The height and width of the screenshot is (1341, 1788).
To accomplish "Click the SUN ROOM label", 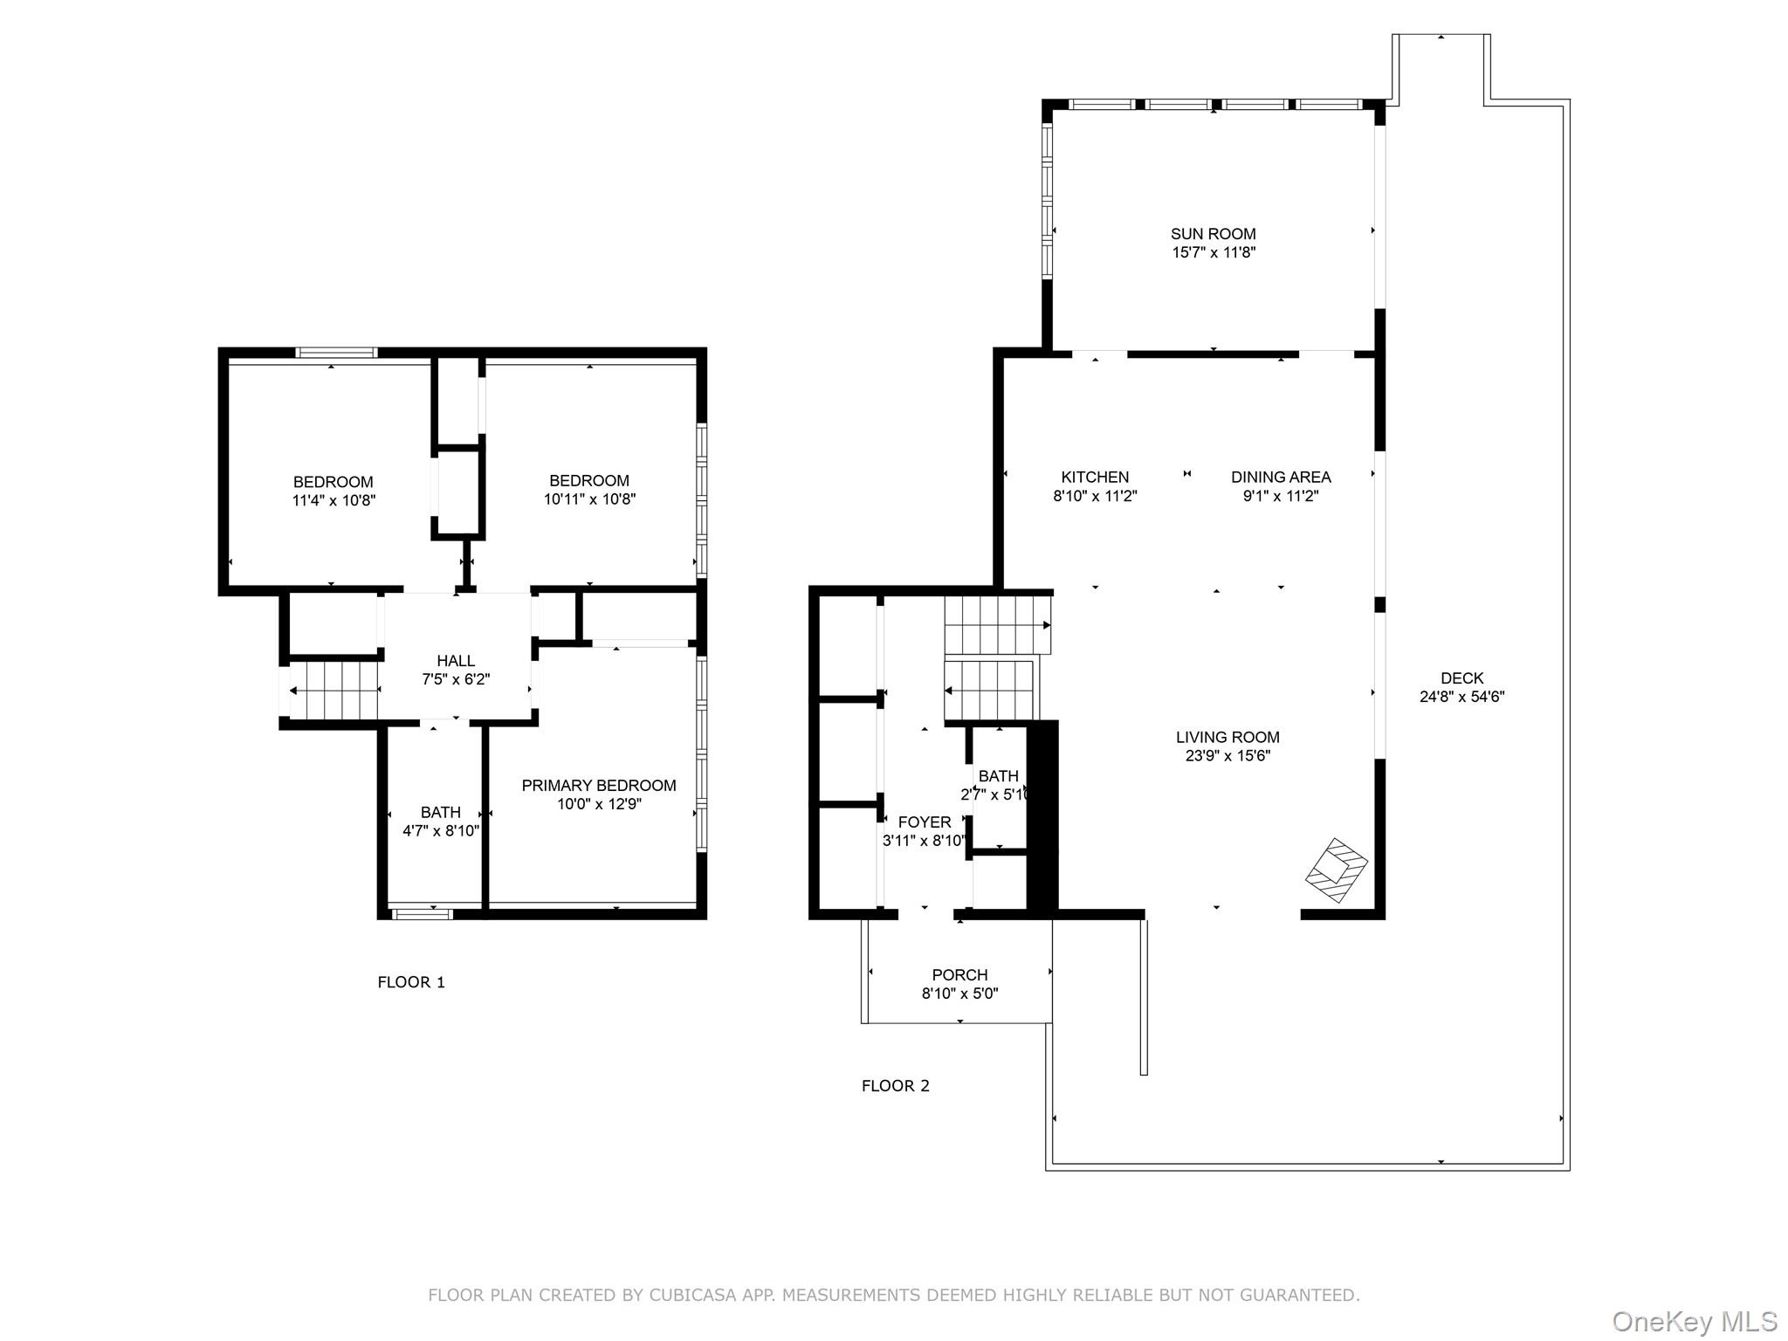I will pyautogui.click(x=1213, y=234).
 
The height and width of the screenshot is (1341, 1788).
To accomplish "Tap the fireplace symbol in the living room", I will pyautogui.click(x=1336, y=870).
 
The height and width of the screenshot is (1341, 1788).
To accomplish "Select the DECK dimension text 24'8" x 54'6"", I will pyautogui.click(x=1461, y=697).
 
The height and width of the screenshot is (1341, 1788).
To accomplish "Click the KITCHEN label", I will pyautogui.click(x=1095, y=477).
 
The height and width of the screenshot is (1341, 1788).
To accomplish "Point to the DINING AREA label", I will pyautogui.click(x=1280, y=477).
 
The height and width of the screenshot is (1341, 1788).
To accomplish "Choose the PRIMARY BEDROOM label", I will pyautogui.click(x=598, y=785).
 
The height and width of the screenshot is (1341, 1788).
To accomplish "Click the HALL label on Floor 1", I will pyautogui.click(x=456, y=661).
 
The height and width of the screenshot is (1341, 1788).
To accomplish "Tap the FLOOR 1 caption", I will pyautogui.click(x=411, y=982).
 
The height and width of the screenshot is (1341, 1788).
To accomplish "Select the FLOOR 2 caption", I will pyautogui.click(x=895, y=1086).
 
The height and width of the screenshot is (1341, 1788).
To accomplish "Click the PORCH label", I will pyautogui.click(x=959, y=974).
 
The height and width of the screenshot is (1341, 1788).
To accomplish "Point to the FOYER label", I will pyautogui.click(x=924, y=822).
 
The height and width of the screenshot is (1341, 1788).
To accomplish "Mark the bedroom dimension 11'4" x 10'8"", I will pyautogui.click(x=334, y=500).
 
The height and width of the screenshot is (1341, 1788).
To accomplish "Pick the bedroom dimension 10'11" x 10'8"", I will pyautogui.click(x=589, y=499).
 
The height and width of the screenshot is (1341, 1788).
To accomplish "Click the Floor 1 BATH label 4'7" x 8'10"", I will pyautogui.click(x=440, y=812).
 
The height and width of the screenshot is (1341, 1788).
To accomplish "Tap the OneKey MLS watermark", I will pyautogui.click(x=1694, y=1321).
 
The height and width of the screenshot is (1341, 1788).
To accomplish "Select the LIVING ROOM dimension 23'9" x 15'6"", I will pyautogui.click(x=1227, y=756).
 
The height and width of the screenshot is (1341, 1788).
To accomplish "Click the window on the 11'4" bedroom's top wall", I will pyautogui.click(x=336, y=353).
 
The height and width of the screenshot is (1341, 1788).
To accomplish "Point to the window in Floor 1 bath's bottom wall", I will pyautogui.click(x=422, y=914).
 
